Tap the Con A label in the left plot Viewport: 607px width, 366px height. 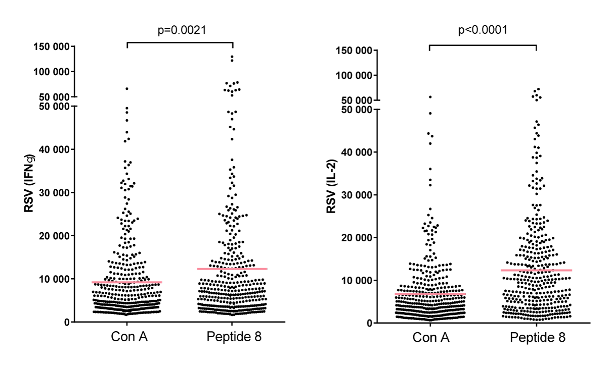pos(126,337)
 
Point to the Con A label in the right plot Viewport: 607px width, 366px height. pos(429,337)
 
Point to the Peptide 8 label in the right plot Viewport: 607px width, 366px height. pos(537,337)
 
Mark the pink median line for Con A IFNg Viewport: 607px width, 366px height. pos(126,282)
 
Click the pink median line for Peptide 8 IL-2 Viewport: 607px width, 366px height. pos(537,270)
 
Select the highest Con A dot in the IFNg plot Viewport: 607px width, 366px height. pos(127,88)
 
